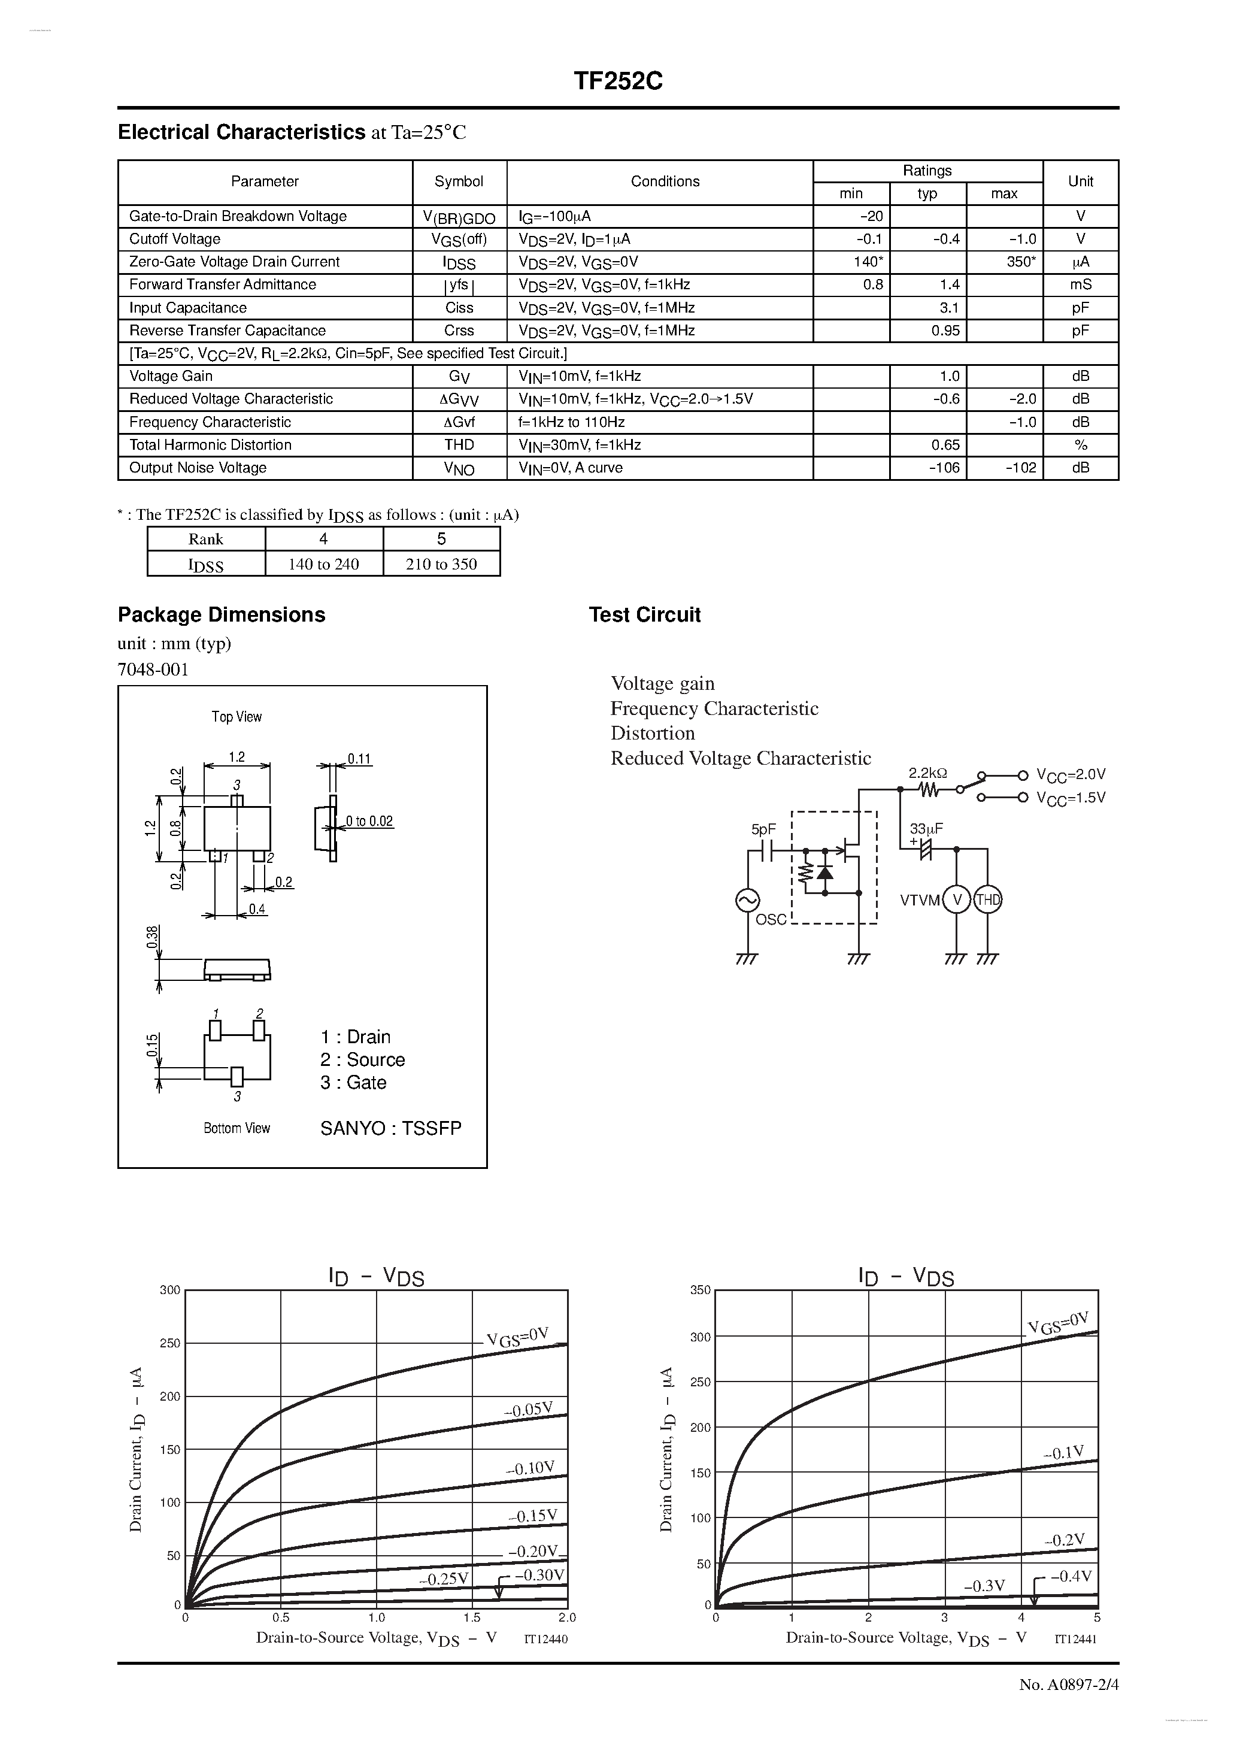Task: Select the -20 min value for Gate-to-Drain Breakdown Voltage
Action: pos(871,217)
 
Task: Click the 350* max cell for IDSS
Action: pos(1020,262)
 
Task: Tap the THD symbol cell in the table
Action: pos(459,444)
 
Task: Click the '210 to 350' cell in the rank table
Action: pos(441,564)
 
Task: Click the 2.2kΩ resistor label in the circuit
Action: pos(927,773)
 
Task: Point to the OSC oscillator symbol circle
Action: pos(747,901)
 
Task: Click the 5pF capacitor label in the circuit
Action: pos(763,829)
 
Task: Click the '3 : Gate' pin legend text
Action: pos(353,1083)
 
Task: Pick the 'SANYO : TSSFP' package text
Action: pos(390,1129)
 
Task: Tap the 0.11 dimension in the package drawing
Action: pos(359,759)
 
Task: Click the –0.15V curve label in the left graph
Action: pos(533,1516)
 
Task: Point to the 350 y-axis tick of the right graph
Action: pos(700,1290)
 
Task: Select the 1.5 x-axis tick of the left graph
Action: pos(472,1617)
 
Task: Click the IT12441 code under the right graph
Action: pos(1075,1639)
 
